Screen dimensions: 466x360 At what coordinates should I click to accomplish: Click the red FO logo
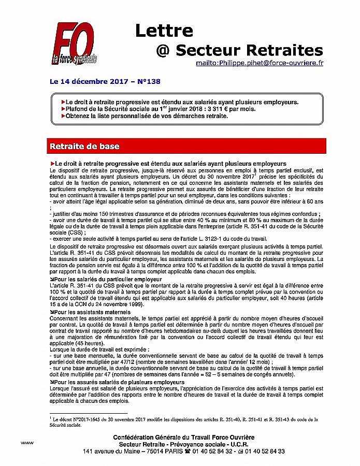pos(74,45)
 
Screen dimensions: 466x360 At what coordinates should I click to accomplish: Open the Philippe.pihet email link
pos(259,63)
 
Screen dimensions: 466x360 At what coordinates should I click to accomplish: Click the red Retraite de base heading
pos(84,147)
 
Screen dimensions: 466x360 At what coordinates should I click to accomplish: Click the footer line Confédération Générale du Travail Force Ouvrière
pos(184,438)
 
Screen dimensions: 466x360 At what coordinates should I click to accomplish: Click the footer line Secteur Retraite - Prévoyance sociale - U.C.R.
pos(184,444)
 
